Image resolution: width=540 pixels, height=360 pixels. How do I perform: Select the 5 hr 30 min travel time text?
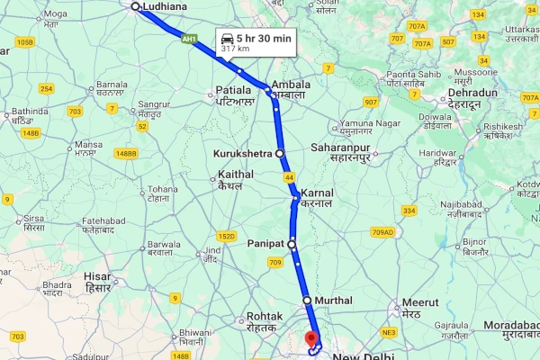click(x=264, y=39)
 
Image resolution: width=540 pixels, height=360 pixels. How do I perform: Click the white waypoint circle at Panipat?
click(x=292, y=244)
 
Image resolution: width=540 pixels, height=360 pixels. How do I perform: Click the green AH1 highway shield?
click(x=189, y=39)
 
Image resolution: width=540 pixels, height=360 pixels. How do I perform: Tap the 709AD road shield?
click(x=382, y=232)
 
